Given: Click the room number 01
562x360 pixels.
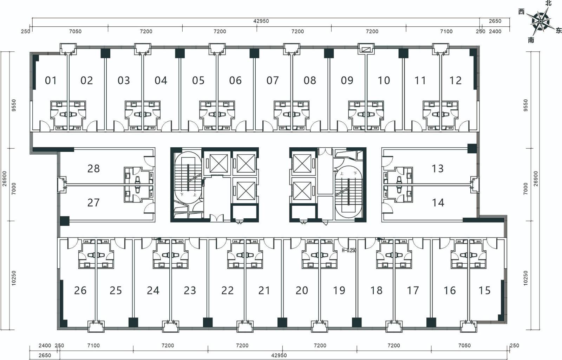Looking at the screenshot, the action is pos(51,81).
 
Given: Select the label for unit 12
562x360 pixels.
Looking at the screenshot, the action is pos(455,81).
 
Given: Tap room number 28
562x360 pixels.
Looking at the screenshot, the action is pos(93,168).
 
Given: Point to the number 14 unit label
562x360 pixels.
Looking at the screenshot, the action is pos(438,202).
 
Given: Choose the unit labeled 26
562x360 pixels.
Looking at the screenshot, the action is pos(80,290).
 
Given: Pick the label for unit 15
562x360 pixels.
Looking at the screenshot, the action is pos(484,290).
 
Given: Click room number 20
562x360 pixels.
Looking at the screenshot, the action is pos(302,290).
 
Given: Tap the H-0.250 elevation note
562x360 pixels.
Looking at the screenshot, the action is pos(349,250).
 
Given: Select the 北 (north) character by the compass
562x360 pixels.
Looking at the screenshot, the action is pos(548,3).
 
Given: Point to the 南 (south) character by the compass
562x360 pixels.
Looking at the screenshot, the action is pos(531,40).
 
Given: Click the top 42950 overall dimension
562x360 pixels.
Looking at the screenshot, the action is pos(261,21).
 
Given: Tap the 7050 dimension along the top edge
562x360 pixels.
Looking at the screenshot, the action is pos(75,31).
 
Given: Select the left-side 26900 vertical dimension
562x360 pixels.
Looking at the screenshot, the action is pos(5,179).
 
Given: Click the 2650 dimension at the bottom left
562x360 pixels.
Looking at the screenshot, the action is pos(45,355).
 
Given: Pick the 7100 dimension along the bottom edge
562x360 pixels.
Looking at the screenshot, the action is pos(93,346).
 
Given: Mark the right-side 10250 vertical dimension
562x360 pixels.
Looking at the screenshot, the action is pos(525,278).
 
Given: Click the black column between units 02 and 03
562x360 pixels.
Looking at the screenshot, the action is pos(105,53).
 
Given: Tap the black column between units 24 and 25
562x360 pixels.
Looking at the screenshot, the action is pos(133,322).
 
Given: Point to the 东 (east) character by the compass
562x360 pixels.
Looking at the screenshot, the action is pos(559,31).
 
